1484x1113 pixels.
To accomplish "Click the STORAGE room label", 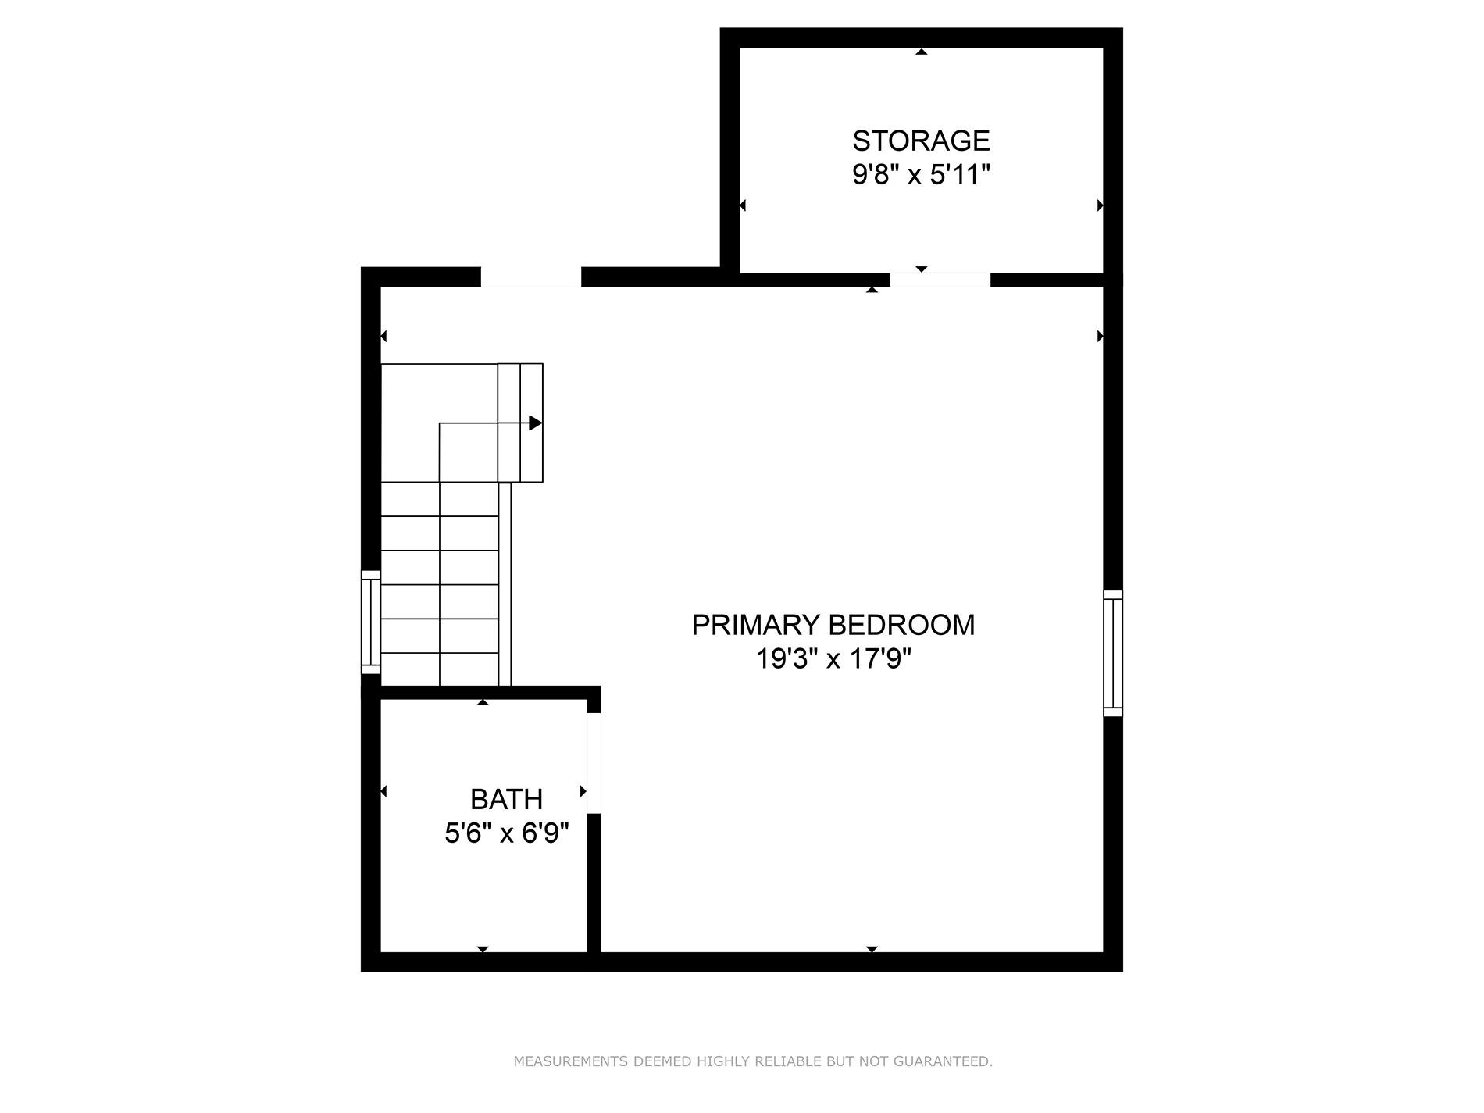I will tap(921, 141).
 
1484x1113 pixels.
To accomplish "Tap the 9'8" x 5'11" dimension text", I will tap(921, 175).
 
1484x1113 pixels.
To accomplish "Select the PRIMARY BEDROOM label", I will tap(833, 625).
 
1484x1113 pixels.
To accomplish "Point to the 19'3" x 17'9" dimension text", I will tap(833, 660).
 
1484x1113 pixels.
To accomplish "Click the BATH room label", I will tap(506, 799).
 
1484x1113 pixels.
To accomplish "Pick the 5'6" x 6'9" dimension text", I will tap(506, 833).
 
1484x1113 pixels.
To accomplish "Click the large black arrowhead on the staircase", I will tap(535, 423).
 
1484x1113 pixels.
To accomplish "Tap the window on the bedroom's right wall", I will tap(1113, 653).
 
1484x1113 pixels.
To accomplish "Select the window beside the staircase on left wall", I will tap(370, 622).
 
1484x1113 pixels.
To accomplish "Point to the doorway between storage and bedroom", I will tap(940, 280).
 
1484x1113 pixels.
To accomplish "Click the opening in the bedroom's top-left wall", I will tap(530, 276).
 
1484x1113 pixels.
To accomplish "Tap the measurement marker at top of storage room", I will tap(922, 52).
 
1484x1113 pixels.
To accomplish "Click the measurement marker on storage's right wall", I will tap(1100, 205).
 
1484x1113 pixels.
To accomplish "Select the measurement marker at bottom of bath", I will tap(483, 949).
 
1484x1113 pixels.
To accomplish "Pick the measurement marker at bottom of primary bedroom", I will tap(872, 949).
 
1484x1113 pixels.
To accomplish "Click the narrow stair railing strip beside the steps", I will tap(505, 584).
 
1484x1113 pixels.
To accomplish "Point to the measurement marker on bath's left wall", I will tap(383, 792).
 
